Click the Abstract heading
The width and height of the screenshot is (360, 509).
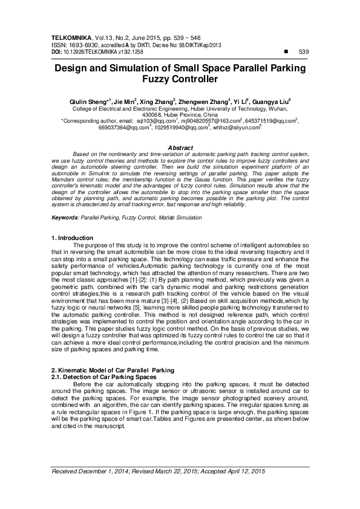point(180,148)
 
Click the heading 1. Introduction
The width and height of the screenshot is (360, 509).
point(72,238)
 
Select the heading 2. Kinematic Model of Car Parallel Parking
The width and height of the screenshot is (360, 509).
point(112,369)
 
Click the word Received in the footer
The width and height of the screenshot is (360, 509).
point(67,471)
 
